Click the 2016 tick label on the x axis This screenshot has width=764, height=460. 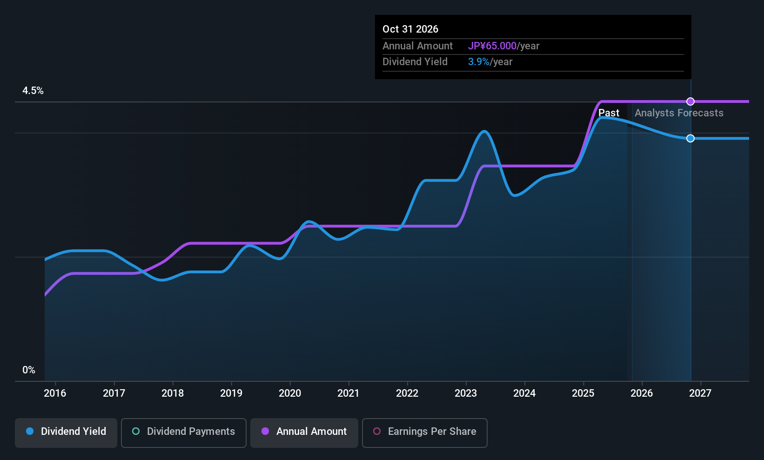55,393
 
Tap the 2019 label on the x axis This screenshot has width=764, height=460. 231,393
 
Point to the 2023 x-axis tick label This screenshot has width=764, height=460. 466,393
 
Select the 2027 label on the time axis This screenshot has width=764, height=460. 700,393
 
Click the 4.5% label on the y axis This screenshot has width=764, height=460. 33,91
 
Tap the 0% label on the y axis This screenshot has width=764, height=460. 29,370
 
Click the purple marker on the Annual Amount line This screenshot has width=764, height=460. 690,101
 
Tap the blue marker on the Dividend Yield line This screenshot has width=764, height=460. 690,138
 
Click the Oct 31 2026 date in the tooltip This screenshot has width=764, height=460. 410,29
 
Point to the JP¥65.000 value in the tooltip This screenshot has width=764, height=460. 492,46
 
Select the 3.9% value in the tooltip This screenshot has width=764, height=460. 479,62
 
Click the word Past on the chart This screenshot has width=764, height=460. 609,113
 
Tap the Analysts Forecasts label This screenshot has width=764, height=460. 679,113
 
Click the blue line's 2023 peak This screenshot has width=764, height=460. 484,131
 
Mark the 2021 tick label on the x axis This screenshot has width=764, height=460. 348,393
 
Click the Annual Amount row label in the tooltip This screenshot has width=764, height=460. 417,46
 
